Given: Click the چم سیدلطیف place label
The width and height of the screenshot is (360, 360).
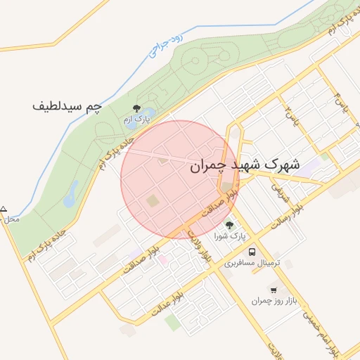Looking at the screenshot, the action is (67, 107).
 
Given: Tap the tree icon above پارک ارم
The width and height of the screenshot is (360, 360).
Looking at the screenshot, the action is (136, 108).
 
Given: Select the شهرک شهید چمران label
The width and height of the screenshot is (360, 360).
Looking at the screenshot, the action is (245, 166).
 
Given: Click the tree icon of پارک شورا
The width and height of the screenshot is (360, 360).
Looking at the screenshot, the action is (229, 225).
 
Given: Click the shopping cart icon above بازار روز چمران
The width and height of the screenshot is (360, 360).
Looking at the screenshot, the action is (274, 289).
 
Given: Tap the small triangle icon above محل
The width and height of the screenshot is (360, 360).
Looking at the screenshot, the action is (4, 209).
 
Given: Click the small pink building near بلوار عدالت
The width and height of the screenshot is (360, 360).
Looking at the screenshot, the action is (162, 260).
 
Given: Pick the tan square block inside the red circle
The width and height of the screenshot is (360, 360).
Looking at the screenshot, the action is (153, 201).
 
